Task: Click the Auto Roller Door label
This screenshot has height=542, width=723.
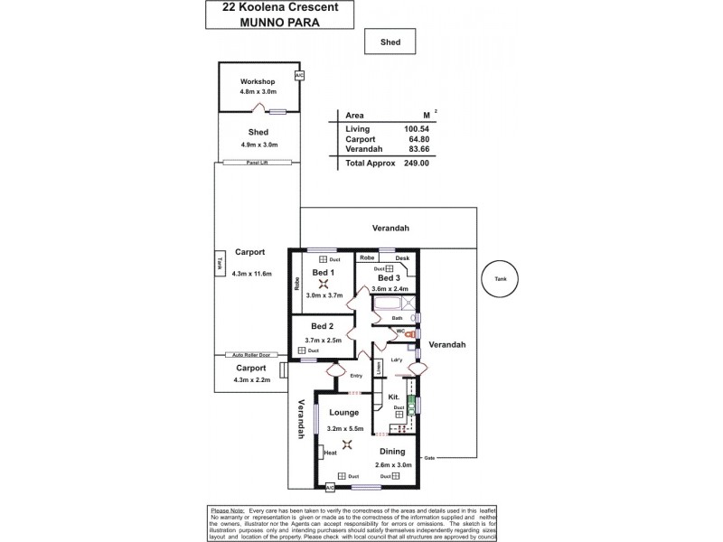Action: click(x=249, y=355)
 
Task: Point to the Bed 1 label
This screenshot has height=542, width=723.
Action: click(x=323, y=273)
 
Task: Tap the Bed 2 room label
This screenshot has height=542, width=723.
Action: click(x=323, y=326)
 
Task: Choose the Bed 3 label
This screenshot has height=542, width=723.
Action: click(x=390, y=277)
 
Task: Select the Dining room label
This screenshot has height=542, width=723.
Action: click(x=392, y=452)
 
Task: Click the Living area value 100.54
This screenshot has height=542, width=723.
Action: click(x=416, y=129)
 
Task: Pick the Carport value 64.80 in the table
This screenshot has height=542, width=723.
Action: click(x=416, y=140)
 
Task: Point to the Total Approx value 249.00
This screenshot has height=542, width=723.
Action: click(x=417, y=164)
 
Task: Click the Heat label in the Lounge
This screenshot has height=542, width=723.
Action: click(x=331, y=453)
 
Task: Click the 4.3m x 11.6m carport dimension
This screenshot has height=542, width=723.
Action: click(x=250, y=273)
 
